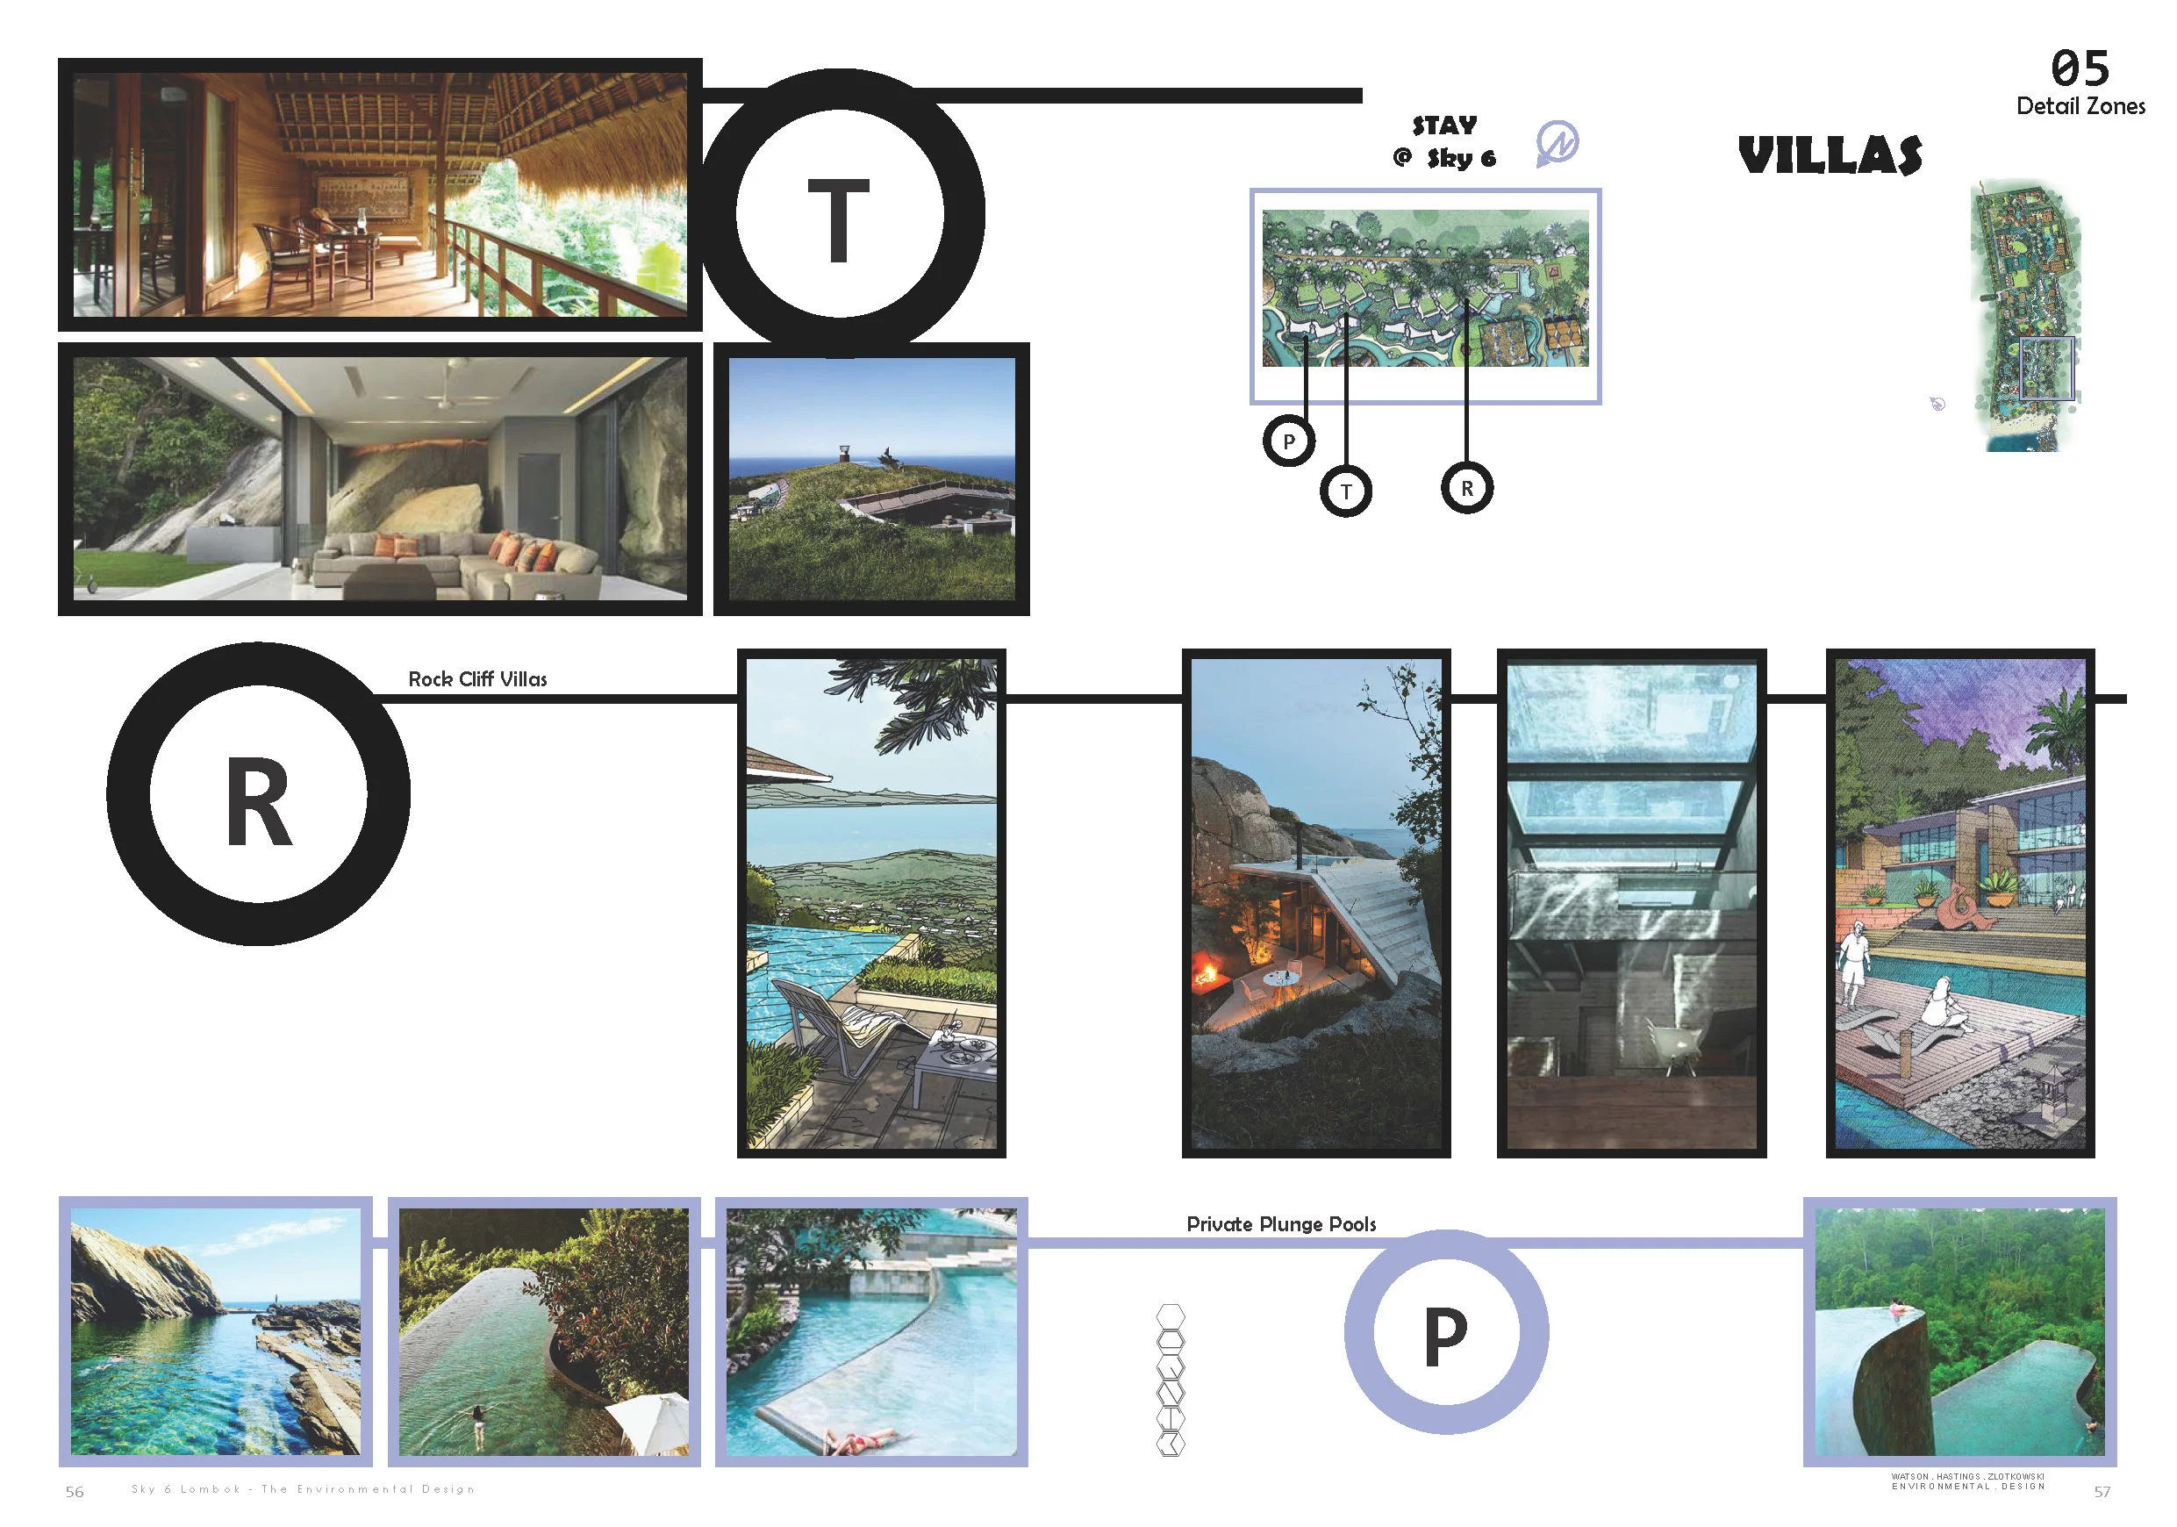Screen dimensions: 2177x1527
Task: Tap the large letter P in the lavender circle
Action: point(1445,1337)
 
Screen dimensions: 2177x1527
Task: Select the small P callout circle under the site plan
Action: point(1289,441)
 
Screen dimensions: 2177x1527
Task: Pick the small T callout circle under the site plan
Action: point(1345,491)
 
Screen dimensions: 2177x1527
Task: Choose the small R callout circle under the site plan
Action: point(1467,489)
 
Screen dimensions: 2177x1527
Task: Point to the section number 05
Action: point(2080,68)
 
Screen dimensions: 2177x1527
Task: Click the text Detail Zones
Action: point(2080,106)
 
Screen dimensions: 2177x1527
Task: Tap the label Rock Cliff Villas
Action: point(477,679)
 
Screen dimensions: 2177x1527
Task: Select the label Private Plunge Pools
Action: point(1280,1224)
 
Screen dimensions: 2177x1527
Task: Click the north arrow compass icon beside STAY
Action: point(1556,143)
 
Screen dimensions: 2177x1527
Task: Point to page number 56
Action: point(74,1492)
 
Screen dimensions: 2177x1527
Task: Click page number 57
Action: point(2102,1492)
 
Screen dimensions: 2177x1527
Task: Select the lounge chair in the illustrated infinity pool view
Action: point(834,1024)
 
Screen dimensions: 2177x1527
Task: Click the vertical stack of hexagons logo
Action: point(1171,1380)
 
